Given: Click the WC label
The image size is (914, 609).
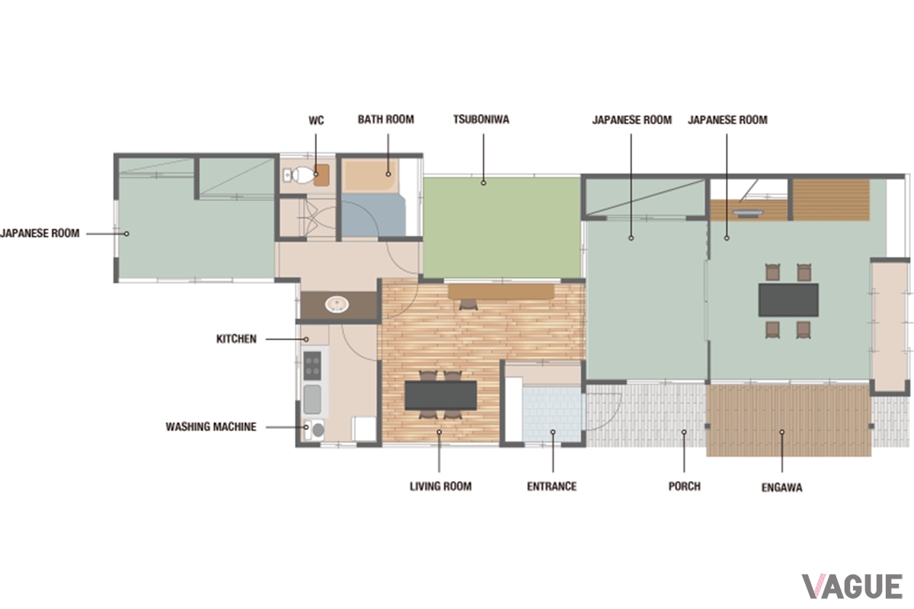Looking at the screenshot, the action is coord(316,120).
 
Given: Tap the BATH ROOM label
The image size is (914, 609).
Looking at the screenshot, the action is coord(386,120).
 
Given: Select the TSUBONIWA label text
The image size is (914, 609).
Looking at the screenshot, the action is coord(481,120).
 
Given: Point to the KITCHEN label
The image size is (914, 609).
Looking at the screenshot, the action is coord(236,339).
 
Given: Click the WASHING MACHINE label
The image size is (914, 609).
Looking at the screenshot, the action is coord(211,426).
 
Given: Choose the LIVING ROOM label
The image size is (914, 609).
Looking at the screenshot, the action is coord(441,486).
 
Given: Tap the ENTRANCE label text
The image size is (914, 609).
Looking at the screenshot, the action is coord(551,486).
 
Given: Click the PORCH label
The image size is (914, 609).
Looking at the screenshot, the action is coord(684,486).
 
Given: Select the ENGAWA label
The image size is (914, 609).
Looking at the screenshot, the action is coord(781,487).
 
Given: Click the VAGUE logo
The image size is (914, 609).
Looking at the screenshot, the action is coord(852,587).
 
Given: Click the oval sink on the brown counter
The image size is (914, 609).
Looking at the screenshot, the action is coord(337,304).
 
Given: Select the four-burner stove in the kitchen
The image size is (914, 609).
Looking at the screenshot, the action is coord(312,365).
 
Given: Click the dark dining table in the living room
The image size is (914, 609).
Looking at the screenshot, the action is coord(441,395).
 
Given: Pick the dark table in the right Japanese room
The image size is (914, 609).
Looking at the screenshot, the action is coord(788,300).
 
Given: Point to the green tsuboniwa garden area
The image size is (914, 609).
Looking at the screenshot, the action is coord(502,228).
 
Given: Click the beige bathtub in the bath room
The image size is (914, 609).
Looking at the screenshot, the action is coord(369,176).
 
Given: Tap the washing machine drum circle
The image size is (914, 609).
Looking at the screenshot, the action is coord(318,430).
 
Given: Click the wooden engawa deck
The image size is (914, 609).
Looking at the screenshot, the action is coord(789,420).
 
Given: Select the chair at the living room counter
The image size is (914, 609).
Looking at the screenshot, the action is coord(468,304).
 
